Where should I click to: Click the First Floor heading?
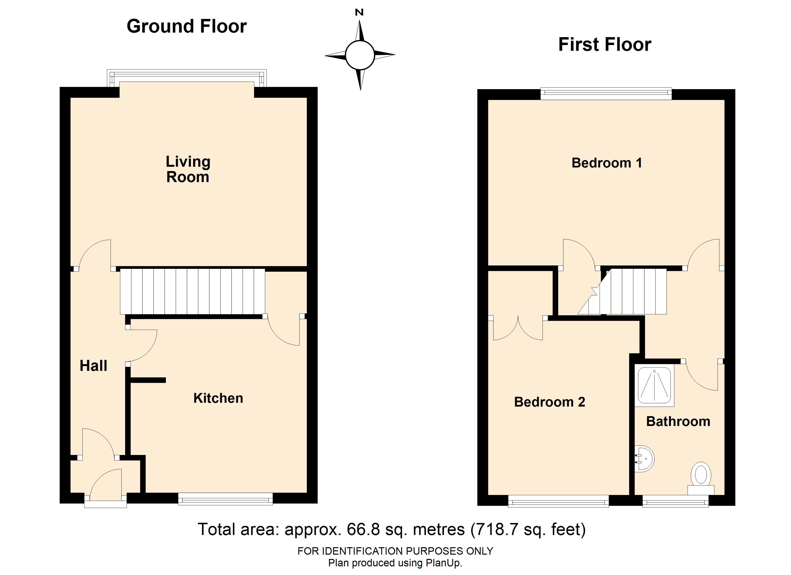[605, 45]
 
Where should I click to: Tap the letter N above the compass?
[359, 12]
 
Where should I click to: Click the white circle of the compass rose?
[360, 55]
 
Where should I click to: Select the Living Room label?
[188, 169]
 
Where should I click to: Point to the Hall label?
[93, 366]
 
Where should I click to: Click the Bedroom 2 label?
[550, 402]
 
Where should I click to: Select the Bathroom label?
[678, 422]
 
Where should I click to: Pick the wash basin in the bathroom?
[644, 459]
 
